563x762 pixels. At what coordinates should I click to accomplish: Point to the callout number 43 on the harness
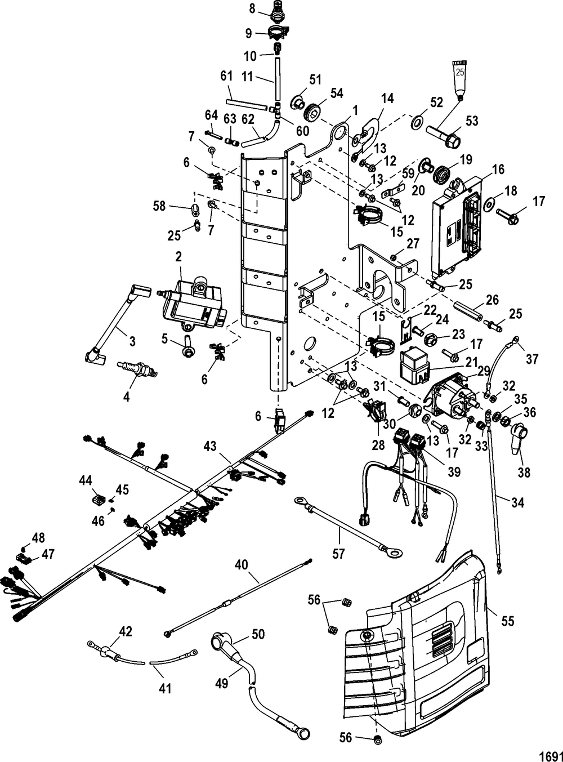coord(210,446)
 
